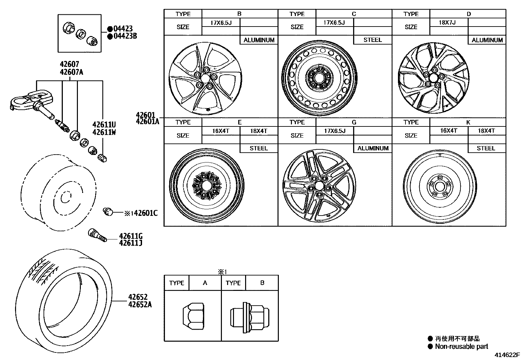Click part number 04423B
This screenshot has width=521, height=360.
[125, 36]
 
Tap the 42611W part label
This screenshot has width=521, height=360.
[104, 132]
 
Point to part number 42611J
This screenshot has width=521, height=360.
[131, 243]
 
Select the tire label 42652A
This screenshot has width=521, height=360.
[140, 304]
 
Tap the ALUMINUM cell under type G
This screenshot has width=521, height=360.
[373, 148]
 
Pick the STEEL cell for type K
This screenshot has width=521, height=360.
[486, 148]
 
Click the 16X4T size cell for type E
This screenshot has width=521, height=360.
[221, 131]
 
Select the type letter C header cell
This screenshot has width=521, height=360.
[354, 14]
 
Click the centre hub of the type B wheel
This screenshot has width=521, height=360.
[205, 79]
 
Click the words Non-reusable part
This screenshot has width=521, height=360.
[461, 346]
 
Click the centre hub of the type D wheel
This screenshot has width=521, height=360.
[434, 78]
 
